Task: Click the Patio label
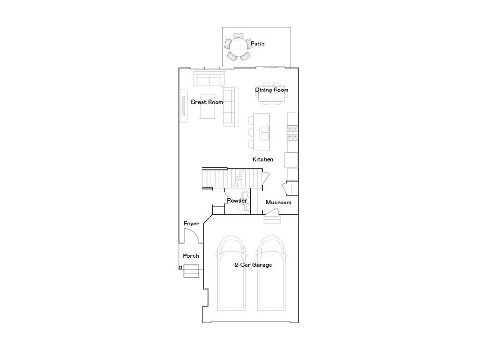[x=257, y=44]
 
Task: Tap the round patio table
[x=239, y=47]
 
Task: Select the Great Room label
[x=206, y=102]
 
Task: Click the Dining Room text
[x=271, y=90]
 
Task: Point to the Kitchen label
[x=262, y=159]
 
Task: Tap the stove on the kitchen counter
[x=292, y=132]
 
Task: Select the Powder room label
[x=237, y=201]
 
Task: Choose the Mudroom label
[x=278, y=202]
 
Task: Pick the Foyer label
[x=191, y=224]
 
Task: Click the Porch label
[x=191, y=256]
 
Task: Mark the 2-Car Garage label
[x=253, y=265]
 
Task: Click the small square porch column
[x=180, y=268]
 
